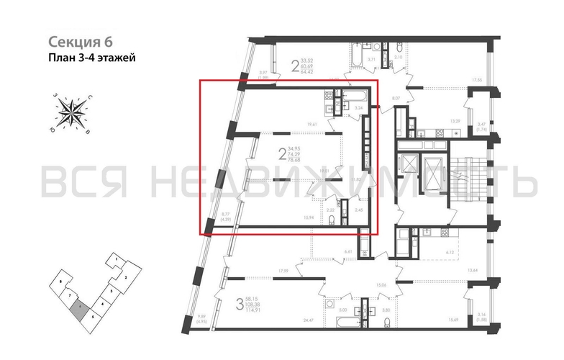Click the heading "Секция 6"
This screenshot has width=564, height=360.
81,42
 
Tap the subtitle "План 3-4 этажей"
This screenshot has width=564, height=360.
91,57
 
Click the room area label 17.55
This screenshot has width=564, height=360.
476,80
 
